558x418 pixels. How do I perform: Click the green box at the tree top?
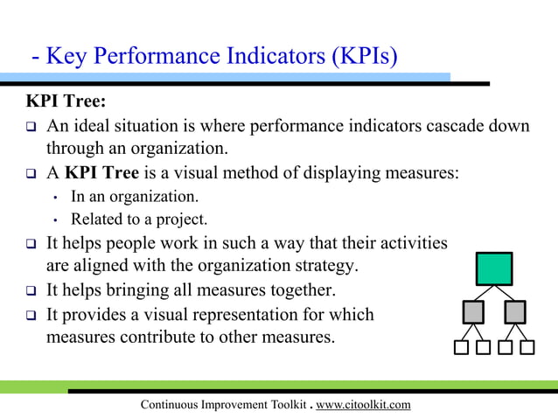point(494,268)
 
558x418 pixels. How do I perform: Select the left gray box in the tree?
point(472,311)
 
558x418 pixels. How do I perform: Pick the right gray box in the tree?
point(516,311)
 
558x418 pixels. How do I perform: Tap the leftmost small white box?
point(462,347)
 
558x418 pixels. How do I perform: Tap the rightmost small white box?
point(527,347)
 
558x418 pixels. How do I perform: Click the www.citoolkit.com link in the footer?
point(362,404)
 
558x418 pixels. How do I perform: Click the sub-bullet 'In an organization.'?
point(135,197)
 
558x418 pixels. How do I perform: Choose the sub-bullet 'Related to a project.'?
point(139,219)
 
